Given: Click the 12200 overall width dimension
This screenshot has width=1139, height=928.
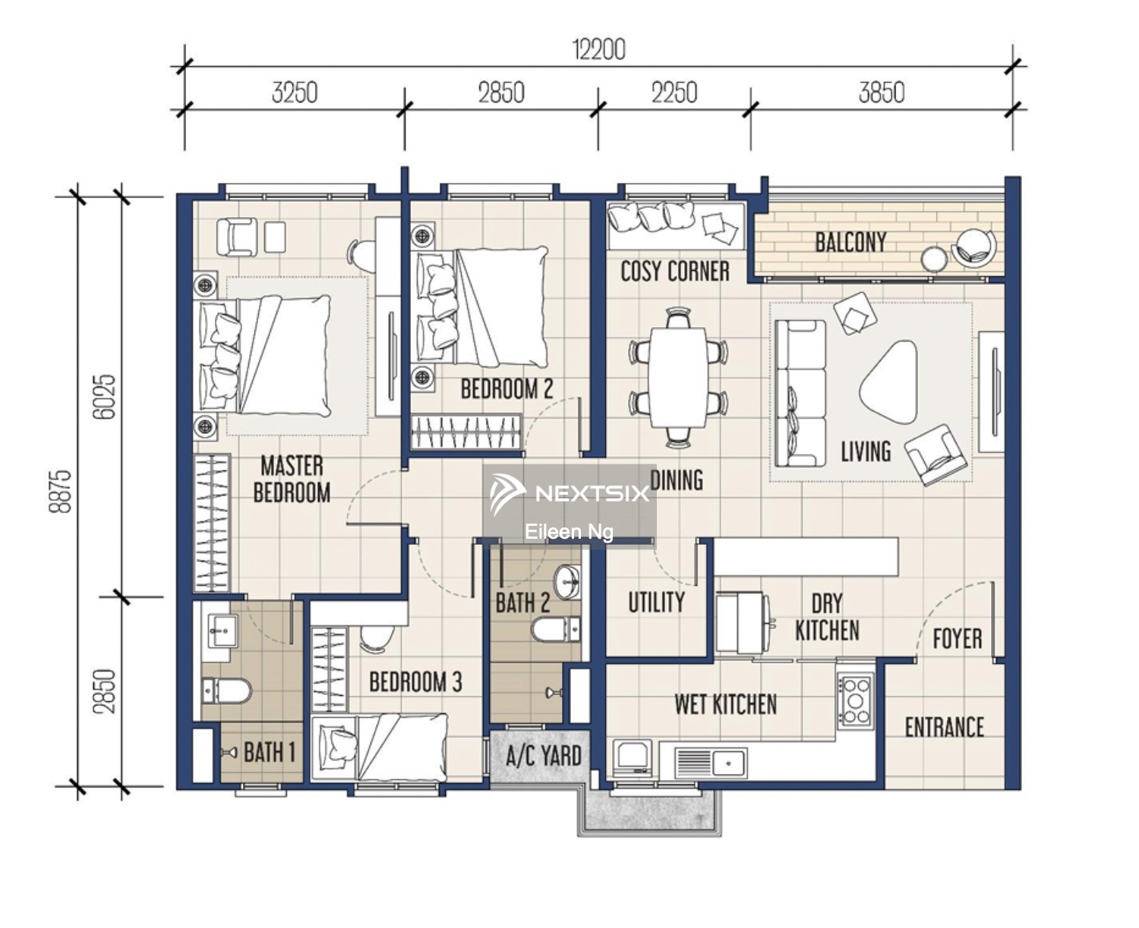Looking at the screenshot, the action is [599, 49].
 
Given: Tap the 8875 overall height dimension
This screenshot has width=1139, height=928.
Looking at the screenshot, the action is [60, 491].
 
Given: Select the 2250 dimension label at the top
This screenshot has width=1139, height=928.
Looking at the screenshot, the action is [674, 93].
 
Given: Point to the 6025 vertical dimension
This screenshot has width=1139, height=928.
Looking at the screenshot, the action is [104, 397].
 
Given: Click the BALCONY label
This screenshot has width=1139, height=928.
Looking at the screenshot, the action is [850, 242].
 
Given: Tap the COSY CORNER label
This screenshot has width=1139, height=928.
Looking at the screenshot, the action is [675, 271].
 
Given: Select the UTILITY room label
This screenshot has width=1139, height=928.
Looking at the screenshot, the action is [656, 602].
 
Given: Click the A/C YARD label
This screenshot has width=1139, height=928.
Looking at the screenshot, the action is [544, 756].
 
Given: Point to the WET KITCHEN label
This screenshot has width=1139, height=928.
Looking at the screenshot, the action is [725, 704].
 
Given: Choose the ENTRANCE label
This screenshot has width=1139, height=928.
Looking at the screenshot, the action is [944, 727].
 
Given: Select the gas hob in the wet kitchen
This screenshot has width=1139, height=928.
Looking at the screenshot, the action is [856, 700].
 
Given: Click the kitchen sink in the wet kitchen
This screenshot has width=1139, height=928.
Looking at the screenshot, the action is [711, 763].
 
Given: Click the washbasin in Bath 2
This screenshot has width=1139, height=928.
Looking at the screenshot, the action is [567, 581].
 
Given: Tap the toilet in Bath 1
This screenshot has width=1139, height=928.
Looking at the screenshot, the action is [227, 690].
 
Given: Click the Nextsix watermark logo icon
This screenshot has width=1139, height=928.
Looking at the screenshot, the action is [506, 494].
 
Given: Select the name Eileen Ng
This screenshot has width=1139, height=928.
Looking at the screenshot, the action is [569, 533].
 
